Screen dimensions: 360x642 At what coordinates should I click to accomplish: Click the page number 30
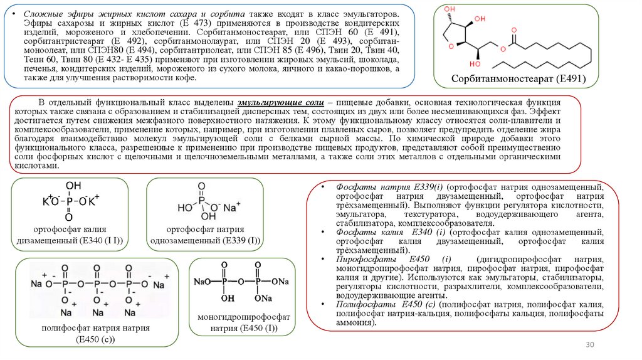(x=589, y=344)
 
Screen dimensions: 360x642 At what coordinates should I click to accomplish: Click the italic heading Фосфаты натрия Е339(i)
(x=390, y=188)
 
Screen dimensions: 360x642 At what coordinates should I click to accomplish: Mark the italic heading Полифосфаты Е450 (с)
(x=386, y=304)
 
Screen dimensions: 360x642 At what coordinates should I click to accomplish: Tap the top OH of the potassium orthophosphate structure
(x=73, y=186)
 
